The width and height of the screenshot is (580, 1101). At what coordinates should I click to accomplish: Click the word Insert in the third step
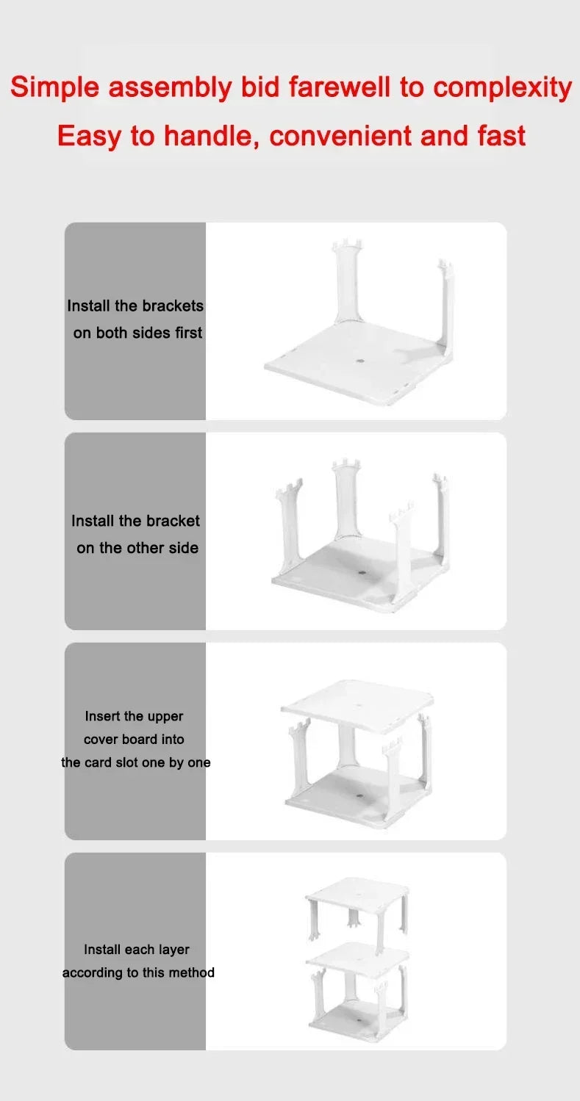(102, 716)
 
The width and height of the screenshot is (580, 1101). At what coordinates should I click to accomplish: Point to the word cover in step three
(101, 740)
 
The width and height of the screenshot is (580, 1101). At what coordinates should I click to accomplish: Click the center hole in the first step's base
(360, 362)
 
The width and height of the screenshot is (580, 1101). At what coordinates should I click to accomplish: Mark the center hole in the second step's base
(361, 572)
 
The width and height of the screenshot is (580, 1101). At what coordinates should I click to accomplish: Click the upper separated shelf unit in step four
(357, 911)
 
